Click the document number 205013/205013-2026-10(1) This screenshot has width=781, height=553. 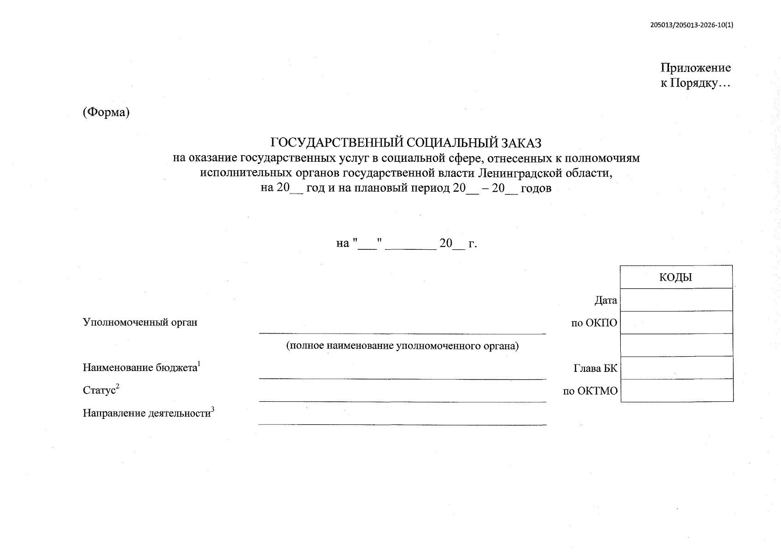click(691, 25)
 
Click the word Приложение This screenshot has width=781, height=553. click(695, 68)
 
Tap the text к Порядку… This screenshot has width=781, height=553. click(695, 83)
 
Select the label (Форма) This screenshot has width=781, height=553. click(106, 112)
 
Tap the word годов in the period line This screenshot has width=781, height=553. click(536, 188)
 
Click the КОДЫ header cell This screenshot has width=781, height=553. click(676, 277)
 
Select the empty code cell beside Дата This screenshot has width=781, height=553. click(676, 300)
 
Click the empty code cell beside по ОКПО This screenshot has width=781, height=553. click(676, 322)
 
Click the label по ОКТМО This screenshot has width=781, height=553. click(590, 391)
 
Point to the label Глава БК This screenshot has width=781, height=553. click(595, 369)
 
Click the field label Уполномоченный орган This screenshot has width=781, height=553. click(140, 322)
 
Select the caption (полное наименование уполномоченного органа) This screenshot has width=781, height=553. click(402, 346)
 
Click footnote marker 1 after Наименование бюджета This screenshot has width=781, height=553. click(199, 365)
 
